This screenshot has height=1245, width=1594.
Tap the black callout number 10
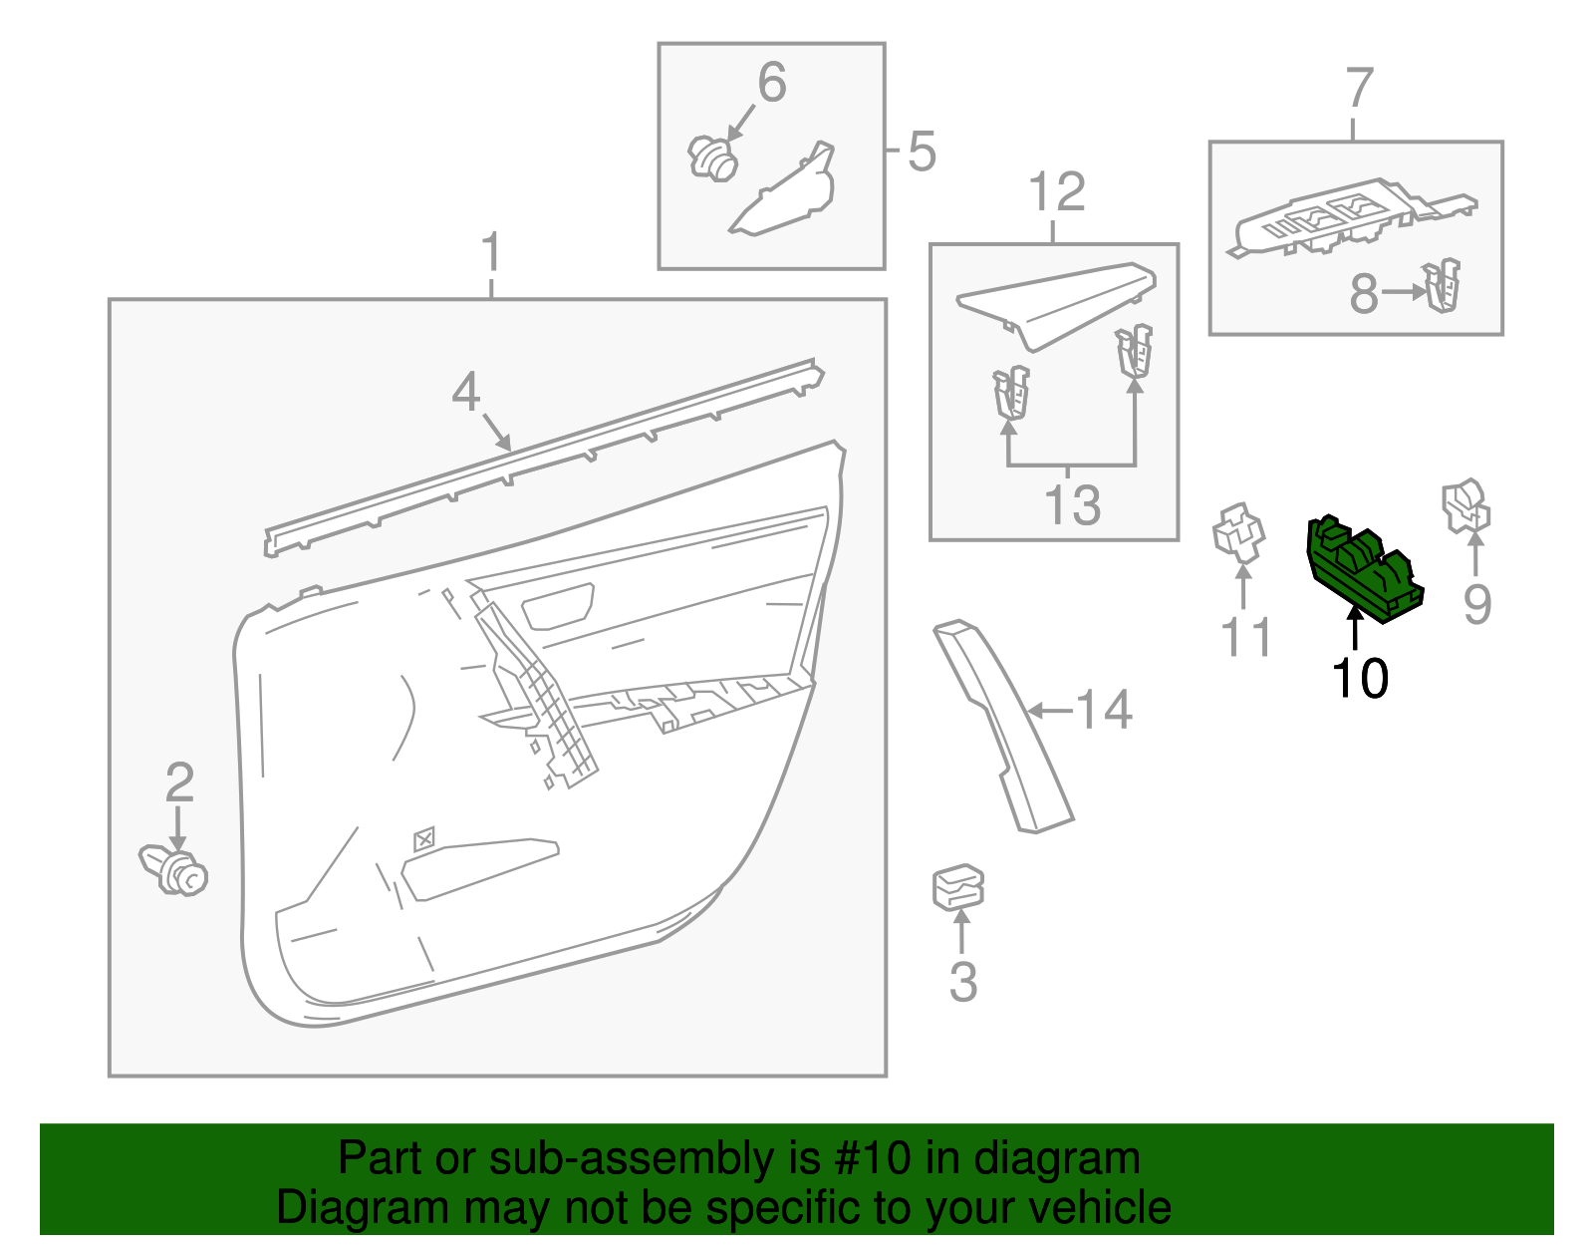pyautogui.click(x=1360, y=679)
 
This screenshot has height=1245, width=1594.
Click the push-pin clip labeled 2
pyautogui.click(x=175, y=870)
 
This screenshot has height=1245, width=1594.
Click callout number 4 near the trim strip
pyautogui.click(x=466, y=393)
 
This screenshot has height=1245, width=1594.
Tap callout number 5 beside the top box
pyautogui.click(x=922, y=152)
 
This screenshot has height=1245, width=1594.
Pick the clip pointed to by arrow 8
pyautogui.click(x=1443, y=286)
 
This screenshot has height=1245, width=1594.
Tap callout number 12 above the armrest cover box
pyautogui.click(x=1056, y=192)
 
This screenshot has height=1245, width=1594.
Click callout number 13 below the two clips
pyautogui.click(x=1072, y=504)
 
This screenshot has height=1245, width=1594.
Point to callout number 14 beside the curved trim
pyautogui.click(x=1104, y=711)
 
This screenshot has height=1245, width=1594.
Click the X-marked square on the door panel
pyautogui.click(x=423, y=839)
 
